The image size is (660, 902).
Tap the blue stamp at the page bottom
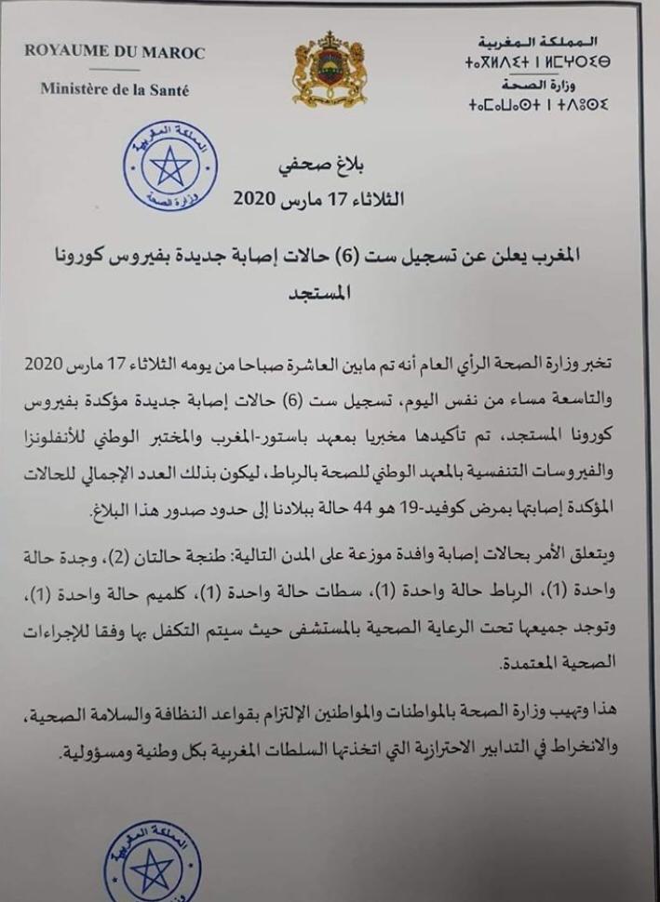click(152, 862)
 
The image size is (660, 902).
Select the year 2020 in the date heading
click(254, 199)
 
